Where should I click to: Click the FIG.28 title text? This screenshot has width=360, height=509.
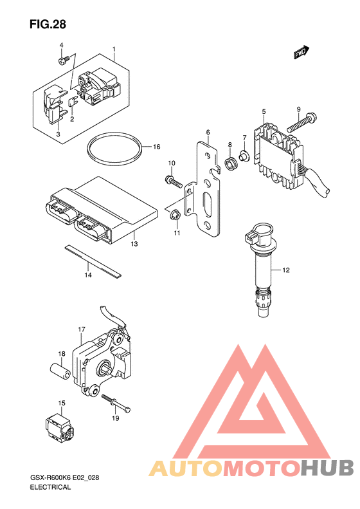point(48,24)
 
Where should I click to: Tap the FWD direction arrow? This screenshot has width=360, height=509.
point(301,52)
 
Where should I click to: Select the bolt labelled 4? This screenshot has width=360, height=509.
point(64,60)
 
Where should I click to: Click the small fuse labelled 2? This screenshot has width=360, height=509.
point(72,102)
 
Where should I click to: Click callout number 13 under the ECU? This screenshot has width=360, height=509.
point(134,243)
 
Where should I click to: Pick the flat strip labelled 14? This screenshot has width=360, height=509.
point(93,261)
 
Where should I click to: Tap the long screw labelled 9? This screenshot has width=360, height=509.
point(301,122)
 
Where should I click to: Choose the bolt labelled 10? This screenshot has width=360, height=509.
point(174,181)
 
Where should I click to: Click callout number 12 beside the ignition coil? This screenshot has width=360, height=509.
point(285,270)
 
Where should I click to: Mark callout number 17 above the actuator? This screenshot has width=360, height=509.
point(82,329)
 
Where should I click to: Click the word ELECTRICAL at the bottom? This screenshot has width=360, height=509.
point(50,487)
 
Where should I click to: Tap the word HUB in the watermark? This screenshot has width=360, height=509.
point(327,468)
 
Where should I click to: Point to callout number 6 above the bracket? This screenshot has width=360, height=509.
point(208,132)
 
